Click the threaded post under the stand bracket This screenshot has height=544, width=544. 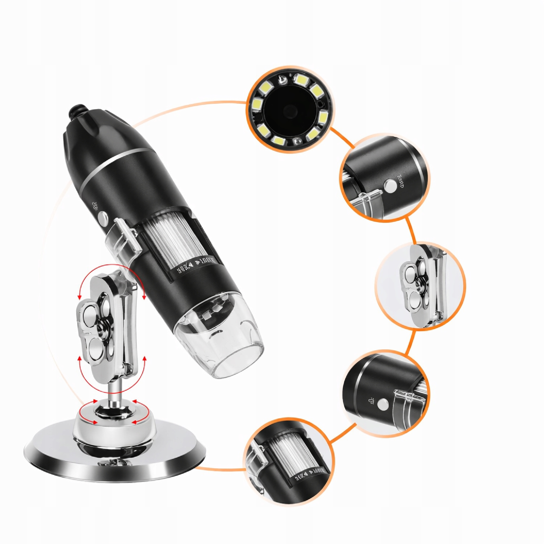(114, 392)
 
